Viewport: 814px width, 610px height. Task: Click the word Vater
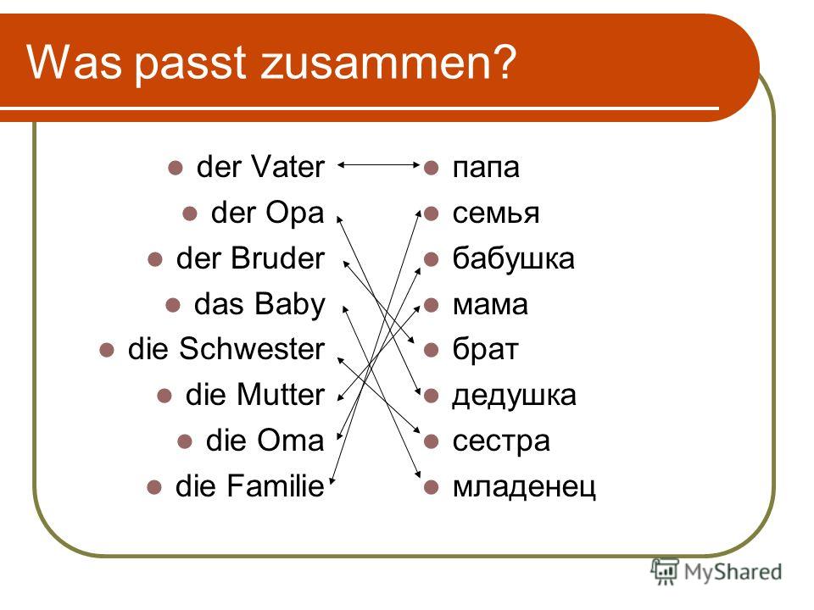tap(287, 167)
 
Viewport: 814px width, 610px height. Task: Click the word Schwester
tap(252, 348)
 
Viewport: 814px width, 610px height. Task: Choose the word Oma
tap(291, 441)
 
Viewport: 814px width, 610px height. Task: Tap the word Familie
tap(276, 486)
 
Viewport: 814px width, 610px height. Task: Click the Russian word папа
tap(485, 168)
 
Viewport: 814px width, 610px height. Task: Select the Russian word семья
tap(496, 213)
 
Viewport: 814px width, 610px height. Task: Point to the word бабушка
tap(514, 258)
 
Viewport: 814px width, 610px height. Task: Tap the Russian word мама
tap(490, 305)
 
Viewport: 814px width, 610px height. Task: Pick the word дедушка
tap(514, 396)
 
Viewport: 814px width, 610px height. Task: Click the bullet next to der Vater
tap(176, 168)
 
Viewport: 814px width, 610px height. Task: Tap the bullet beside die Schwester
tap(107, 351)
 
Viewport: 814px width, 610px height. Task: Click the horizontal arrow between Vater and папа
tap(378, 165)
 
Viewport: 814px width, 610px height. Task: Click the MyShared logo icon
tap(665, 571)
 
